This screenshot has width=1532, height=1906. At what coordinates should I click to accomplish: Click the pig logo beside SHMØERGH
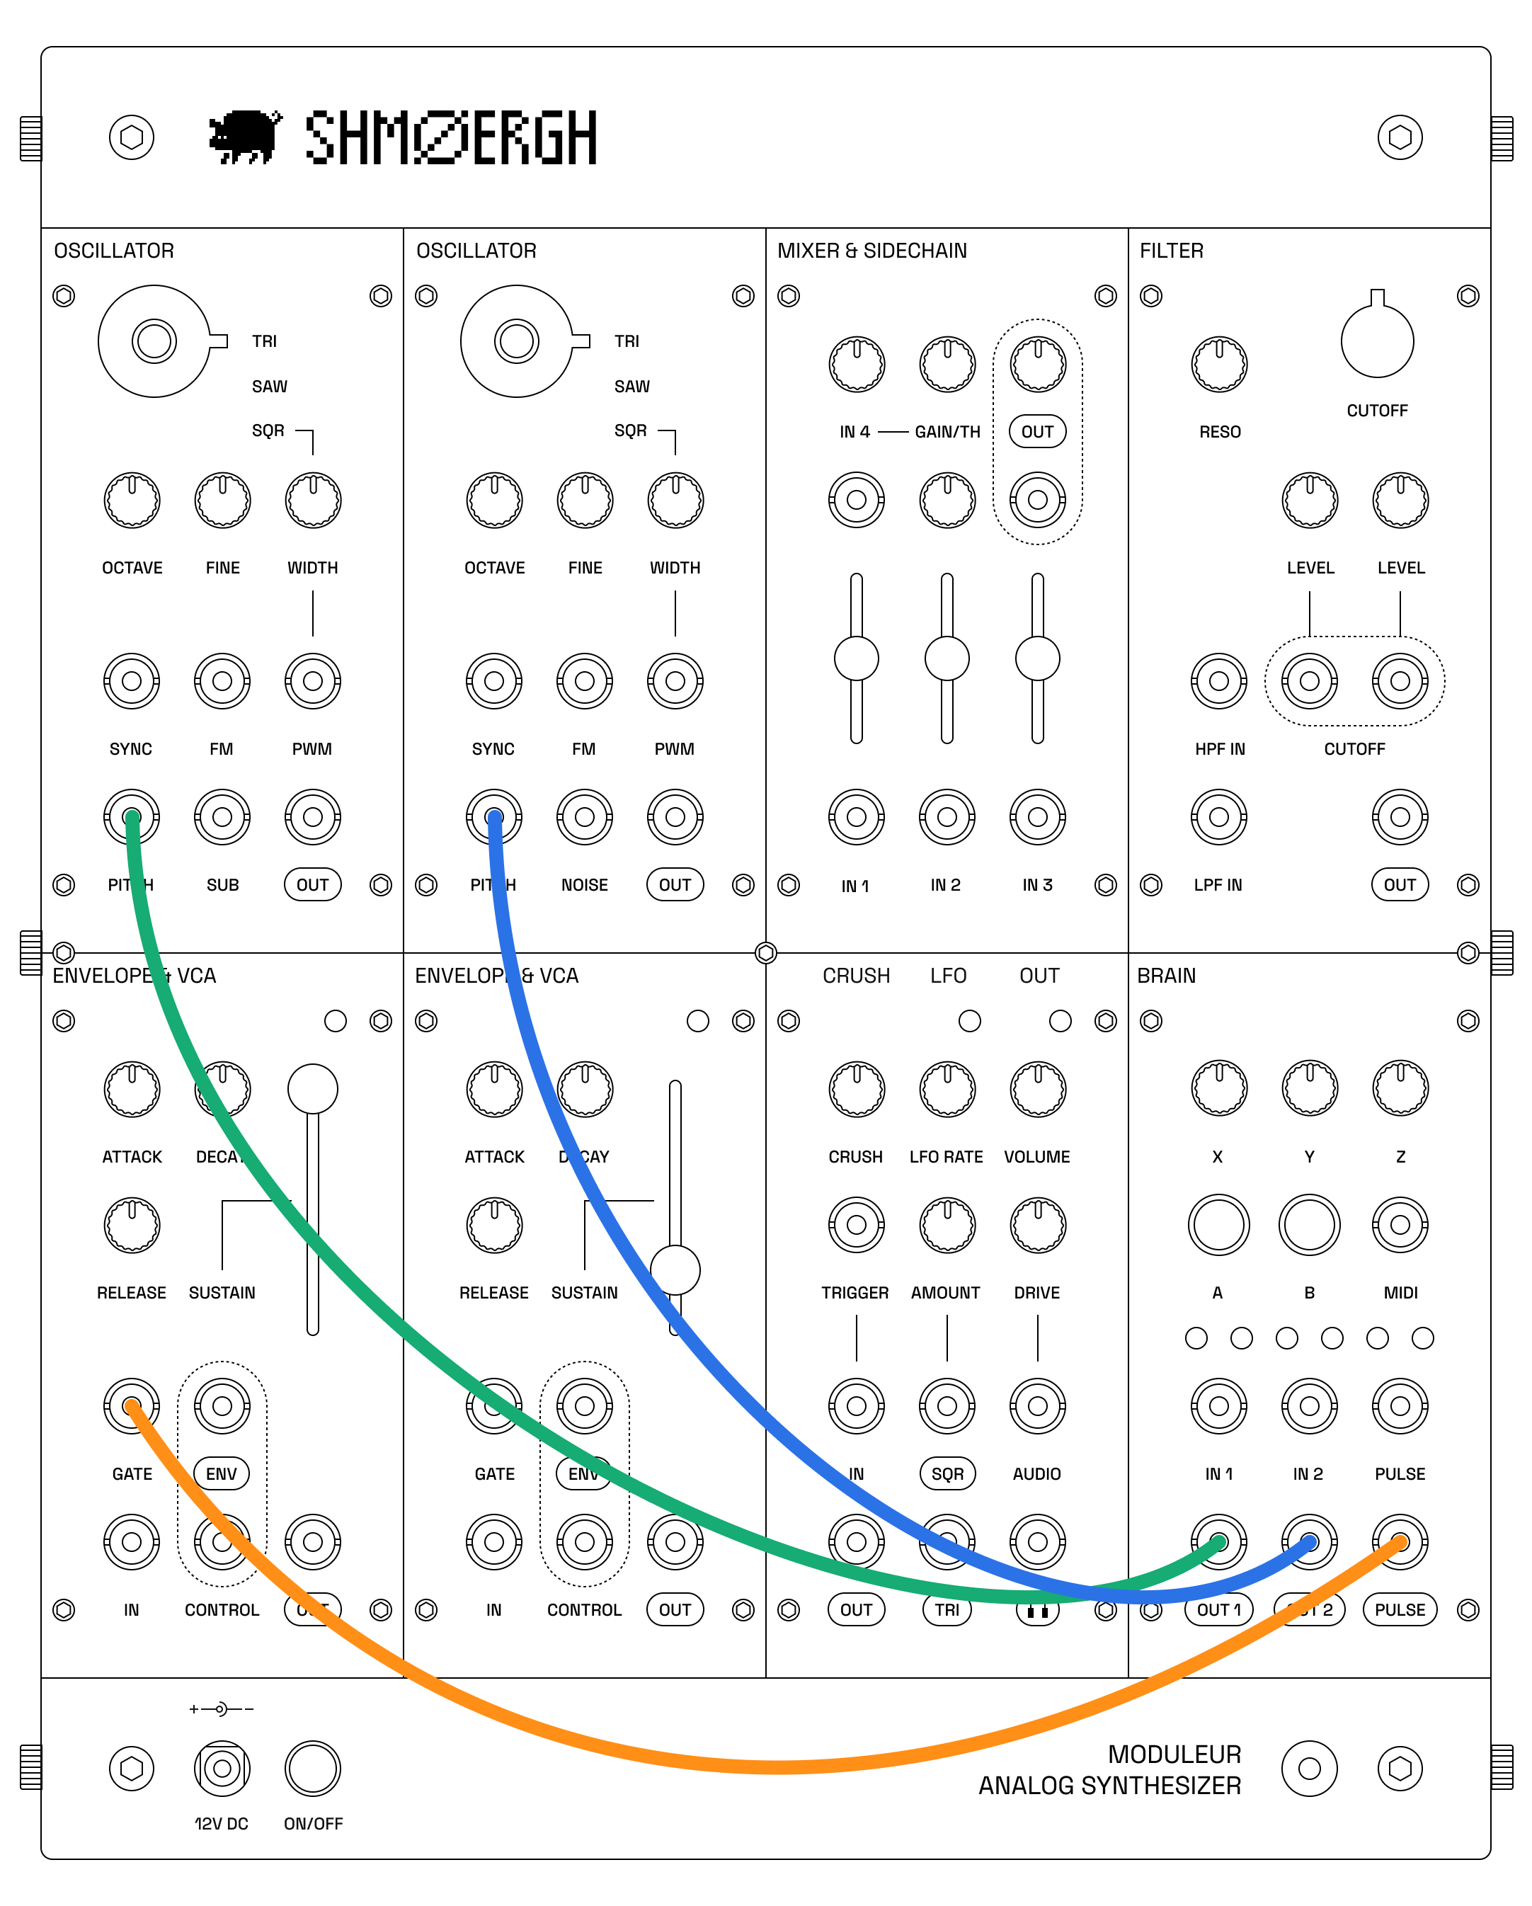245,137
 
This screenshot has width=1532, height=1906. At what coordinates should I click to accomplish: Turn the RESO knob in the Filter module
1219,363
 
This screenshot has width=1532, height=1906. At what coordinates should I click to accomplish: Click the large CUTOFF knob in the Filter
1376,341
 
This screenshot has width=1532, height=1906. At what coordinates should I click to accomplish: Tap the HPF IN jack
1219,680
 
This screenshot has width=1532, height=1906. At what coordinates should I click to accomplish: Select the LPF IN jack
1219,817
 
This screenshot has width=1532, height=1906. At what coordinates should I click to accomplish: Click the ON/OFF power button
313,1768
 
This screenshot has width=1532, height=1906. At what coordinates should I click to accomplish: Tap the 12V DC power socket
222,1768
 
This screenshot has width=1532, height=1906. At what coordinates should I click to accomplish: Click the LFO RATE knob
947,1089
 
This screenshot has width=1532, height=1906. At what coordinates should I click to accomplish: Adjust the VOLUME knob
1038,1089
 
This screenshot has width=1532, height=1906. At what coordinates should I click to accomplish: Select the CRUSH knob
856,1089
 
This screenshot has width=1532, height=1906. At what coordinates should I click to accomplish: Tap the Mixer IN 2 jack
947,817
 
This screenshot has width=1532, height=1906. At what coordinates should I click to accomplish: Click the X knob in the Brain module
1219,1088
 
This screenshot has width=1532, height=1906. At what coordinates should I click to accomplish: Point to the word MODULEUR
1174,1754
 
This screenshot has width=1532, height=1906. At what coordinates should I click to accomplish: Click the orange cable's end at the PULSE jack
1400,1543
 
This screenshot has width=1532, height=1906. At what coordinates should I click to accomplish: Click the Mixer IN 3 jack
1038,817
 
